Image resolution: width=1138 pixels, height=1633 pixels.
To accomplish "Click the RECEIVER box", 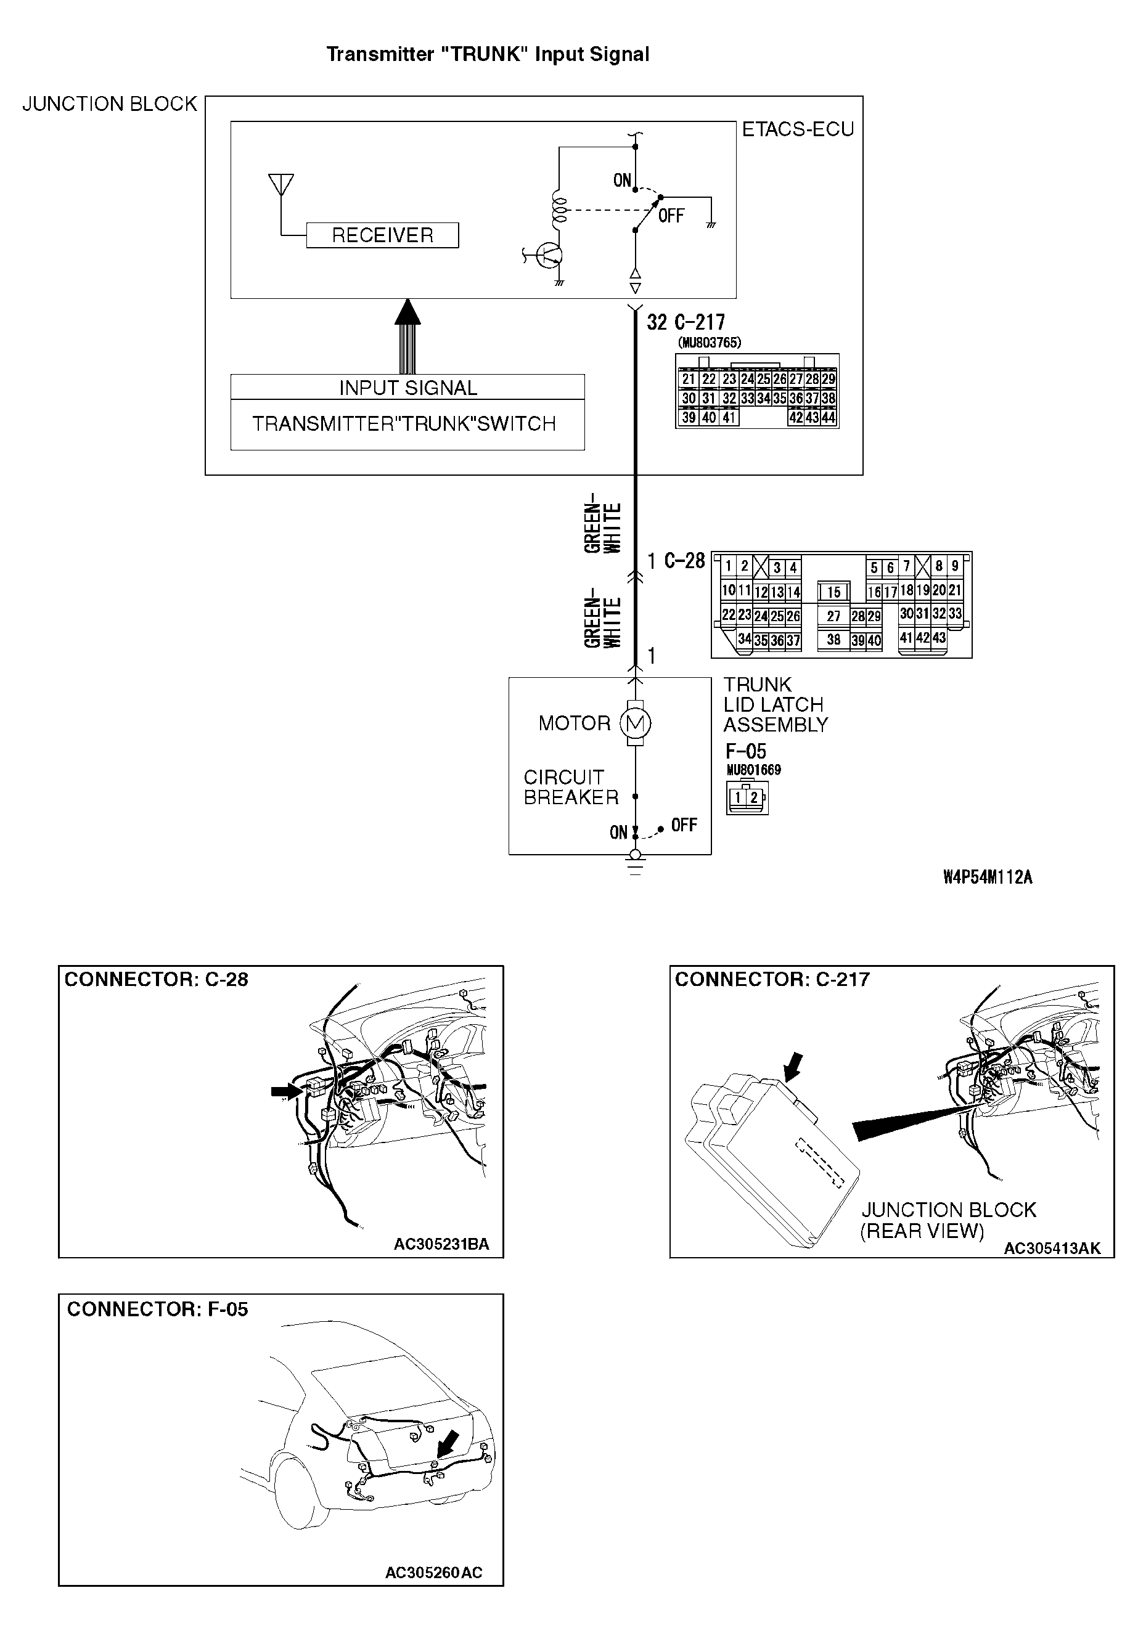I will point(382,235).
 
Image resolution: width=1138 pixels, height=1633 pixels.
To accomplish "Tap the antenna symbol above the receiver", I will point(281,185).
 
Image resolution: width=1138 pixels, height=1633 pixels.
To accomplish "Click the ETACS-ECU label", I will point(797,129).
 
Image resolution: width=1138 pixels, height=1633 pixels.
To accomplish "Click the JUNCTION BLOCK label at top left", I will point(110,105).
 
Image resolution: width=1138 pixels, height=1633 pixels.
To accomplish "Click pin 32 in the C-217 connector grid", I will point(729,398).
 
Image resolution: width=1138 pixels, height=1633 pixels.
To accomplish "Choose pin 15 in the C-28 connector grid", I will point(833,592).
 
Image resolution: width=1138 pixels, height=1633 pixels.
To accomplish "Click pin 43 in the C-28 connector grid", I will point(939,638).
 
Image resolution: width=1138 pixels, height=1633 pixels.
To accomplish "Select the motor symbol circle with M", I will point(635,724).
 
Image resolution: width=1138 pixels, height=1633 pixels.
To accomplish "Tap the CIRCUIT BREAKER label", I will point(571,788).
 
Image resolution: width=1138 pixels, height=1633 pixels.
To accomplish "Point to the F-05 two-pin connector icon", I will point(747,798).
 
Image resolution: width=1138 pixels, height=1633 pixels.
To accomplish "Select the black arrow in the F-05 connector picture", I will point(448,1444).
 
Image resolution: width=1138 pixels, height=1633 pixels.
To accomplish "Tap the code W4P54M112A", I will point(987,878).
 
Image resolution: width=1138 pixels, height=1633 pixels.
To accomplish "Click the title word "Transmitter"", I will point(380,55).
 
